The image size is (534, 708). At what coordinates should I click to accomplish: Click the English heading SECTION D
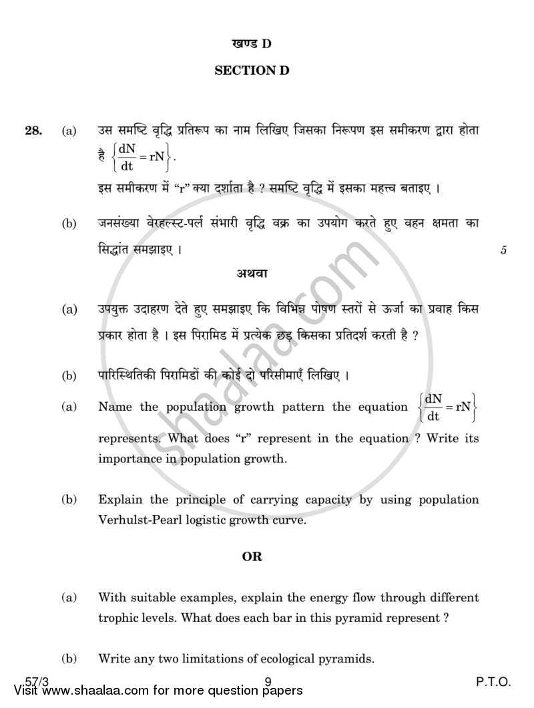click(x=252, y=70)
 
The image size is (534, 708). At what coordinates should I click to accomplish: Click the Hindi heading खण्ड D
click(x=252, y=44)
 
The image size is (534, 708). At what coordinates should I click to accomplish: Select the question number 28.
click(x=34, y=132)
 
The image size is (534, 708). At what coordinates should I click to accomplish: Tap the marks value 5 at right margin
click(x=504, y=250)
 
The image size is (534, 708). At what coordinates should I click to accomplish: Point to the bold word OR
click(x=252, y=556)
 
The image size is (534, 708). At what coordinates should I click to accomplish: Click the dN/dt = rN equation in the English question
click(x=443, y=407)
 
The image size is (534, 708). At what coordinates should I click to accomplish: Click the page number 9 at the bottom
click(x=267, y=682)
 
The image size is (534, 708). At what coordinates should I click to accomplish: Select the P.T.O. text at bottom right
click(x=493, y=682)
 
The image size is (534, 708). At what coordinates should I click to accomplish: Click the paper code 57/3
click(x=30, y=681)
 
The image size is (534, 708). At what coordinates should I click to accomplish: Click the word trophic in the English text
click(x=117, y=618)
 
